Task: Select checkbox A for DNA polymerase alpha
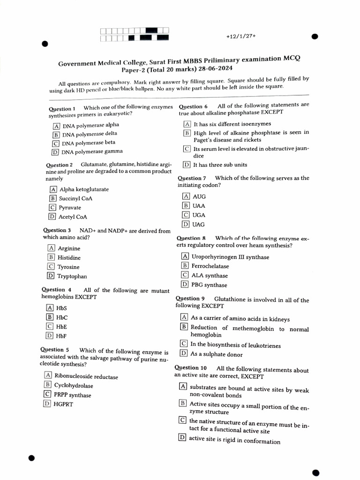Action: [x=57, y=126]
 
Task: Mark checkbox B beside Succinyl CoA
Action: [x=53, y=199]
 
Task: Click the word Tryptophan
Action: [x=72, y=277]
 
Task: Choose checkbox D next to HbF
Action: [x=49, y=336]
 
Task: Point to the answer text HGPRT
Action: [x=63, y=404]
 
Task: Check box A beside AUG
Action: [x=186, y=196]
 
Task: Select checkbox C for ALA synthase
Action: [x=185, y=276]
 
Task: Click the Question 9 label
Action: [x=190, y=299]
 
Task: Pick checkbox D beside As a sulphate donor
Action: [x=184, y=354]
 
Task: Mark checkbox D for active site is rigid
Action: [x=182, y=438]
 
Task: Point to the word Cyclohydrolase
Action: [x=74, y=386]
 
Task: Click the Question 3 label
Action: [x=57, y=230]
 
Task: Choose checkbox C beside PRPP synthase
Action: [x=48, y=395]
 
